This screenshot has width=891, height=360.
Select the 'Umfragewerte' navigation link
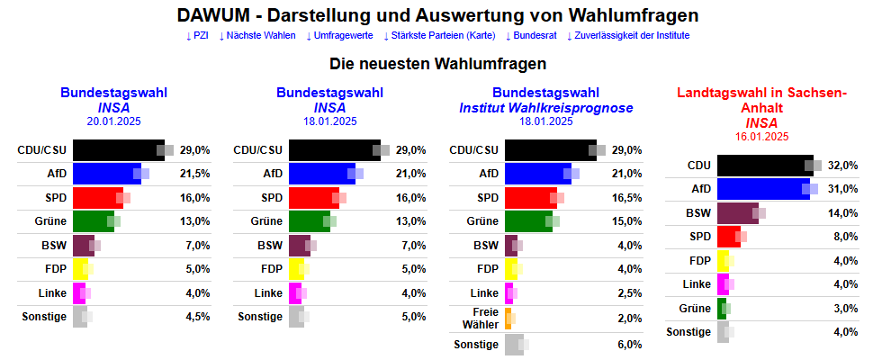(x=339, y=35)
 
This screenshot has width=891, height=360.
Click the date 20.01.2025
(x=113, y=121)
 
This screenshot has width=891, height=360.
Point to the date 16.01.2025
(x=761, y=136)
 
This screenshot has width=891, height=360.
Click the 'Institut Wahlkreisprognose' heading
(x=545, y=107)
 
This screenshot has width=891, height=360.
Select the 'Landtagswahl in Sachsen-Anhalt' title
(x=761, y=100)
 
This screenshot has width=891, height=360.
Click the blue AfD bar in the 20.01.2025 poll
(x=105, y=174)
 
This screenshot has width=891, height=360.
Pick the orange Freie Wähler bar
(x=508, y=318)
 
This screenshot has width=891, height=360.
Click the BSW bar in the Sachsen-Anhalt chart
(x=736, y=212)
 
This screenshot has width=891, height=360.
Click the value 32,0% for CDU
(x=843, y=166)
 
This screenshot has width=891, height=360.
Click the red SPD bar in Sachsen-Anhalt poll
(x=728, y=237)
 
